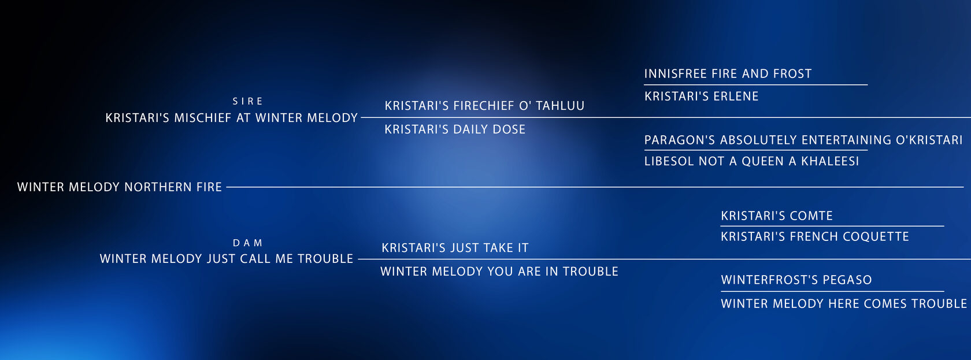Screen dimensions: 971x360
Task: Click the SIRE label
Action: click(x=247, y=101)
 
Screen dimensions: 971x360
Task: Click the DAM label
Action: click(x=247, y=243)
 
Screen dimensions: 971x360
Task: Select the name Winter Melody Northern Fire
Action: click(x=119, y=187)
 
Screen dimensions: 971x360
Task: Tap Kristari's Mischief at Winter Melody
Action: click(x=231, y=118)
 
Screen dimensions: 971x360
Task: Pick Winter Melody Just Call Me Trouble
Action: click(x=227, y=259)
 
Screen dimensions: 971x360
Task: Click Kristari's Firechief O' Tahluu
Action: click(x=484, y=106)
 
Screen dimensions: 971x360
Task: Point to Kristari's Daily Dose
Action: click(x=455, y=129)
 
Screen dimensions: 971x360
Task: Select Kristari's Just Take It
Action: click(x=455, y=248)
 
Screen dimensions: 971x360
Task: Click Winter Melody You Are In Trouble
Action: click(x=499, y=272)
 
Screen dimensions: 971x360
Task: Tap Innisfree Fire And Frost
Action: click(x=728, y=73)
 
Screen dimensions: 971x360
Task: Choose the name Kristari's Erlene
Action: click(x=702, y=96)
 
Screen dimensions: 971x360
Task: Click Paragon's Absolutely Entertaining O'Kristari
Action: click(x=803, y=140)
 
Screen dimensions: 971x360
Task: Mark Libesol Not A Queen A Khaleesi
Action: click(x=751, y=161)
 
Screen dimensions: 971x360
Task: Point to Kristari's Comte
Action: click(x=777, y=216)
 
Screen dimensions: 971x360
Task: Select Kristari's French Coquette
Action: click(x=815, y=236)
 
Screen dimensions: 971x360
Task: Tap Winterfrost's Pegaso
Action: click(x=796, y=280)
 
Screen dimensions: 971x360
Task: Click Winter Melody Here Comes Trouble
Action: click(x=844, y=304)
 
